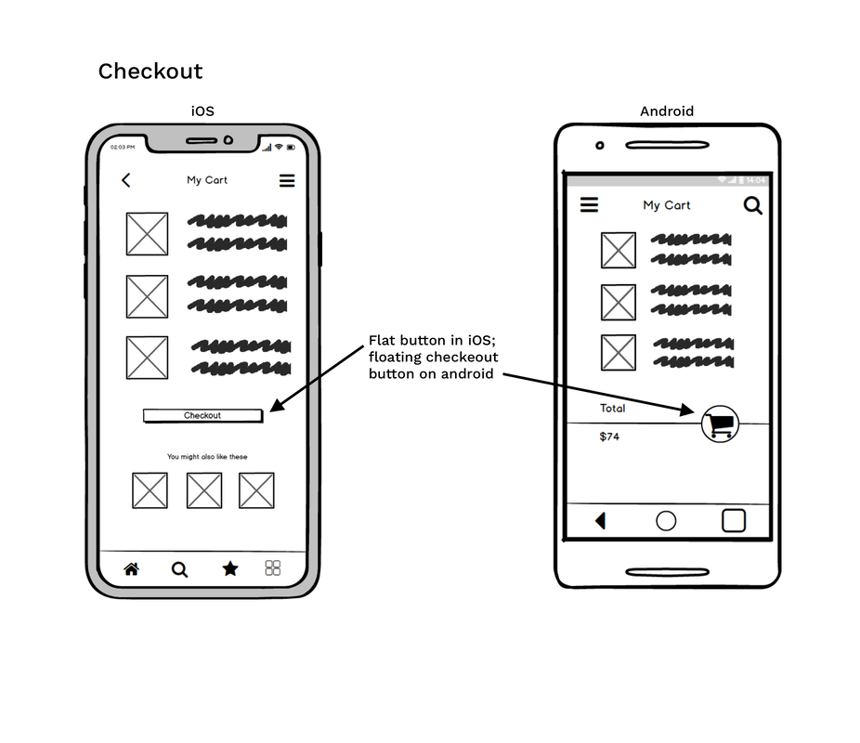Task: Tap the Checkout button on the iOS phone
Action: [x=202, y=415]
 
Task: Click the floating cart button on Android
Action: [x=720, y=424]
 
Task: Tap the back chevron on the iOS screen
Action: [x=126, y=180]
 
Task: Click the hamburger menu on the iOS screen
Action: [x=287, y=181]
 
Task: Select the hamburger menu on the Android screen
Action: [x=589, y=204]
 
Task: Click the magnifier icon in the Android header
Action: [x=753, y=205]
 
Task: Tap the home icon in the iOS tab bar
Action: [x=131, y=569]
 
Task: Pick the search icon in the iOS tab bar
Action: [x=180, y=569]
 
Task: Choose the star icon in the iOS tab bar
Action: [x=230, y=568]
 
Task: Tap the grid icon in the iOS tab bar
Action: [x=273, y=568]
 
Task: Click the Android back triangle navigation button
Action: [x=600, y=521]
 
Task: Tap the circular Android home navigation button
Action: [x=666, y=521]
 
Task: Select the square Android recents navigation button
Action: [x=734, y=520]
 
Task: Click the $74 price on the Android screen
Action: [x=609, y=437]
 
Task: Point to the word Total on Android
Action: [x=613, y=408]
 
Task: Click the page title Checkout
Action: [x=150, y=72]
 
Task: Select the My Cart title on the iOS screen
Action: [x=207, y=180]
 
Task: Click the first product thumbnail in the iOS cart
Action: [x=148, y=234]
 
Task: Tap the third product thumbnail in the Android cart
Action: [x=619, y=353]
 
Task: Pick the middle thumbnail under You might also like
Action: [x=204, y=490]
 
